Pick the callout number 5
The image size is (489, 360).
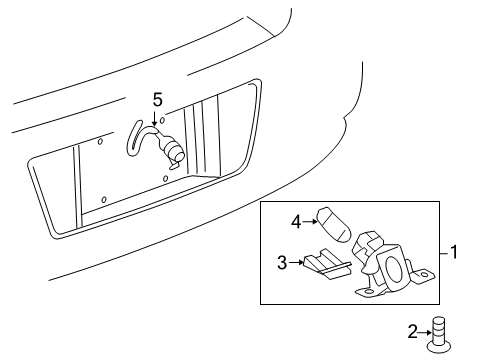pyautogui.click(x=156, y=99)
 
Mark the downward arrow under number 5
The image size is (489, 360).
pyautogui.click(x=156, y=117)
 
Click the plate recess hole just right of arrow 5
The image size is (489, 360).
pyautogui.click(x=163, y=121)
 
